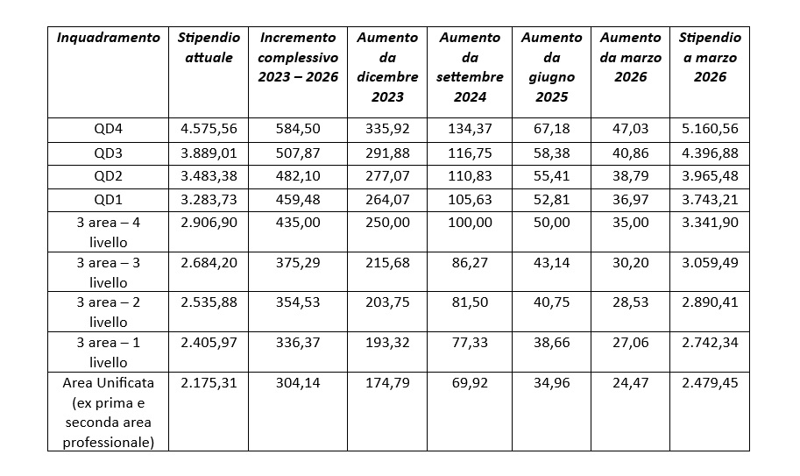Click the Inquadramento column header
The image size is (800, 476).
click(109, 38)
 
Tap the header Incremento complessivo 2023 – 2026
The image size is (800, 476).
click(297, 57)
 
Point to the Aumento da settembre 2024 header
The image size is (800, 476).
click(470, 67)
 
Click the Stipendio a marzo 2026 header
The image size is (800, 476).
click(710, 57)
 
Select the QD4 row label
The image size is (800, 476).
click(109, 129)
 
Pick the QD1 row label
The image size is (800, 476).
click(109, 200)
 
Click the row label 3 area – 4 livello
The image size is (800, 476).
click(109, 231)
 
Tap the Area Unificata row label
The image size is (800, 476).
click(109, 412)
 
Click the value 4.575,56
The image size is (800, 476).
click(209, 129)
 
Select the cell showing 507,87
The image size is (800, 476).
click(297, 153)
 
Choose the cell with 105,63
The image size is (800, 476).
click(470, 200)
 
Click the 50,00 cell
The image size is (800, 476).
click(551, 223)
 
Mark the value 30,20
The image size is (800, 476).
click(630, 262)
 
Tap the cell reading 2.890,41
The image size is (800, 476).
click(710, 302)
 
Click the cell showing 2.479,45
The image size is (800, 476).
click(710, 382)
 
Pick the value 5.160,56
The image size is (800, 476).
click(710, 129)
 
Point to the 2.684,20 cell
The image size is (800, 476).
click(209, 262)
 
